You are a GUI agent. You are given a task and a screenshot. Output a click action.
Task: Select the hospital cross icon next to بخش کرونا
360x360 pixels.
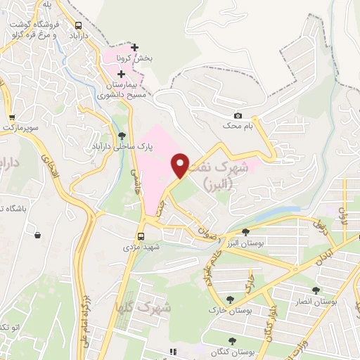[135, 47]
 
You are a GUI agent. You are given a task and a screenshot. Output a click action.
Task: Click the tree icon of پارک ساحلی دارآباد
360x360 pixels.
[123, 135]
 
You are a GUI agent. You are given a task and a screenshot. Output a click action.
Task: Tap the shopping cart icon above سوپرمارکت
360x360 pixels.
[11, 117]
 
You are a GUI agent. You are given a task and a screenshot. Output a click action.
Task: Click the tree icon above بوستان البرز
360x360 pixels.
[245, 232]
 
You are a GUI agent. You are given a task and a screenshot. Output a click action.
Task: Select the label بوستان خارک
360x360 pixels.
[224, 309]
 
